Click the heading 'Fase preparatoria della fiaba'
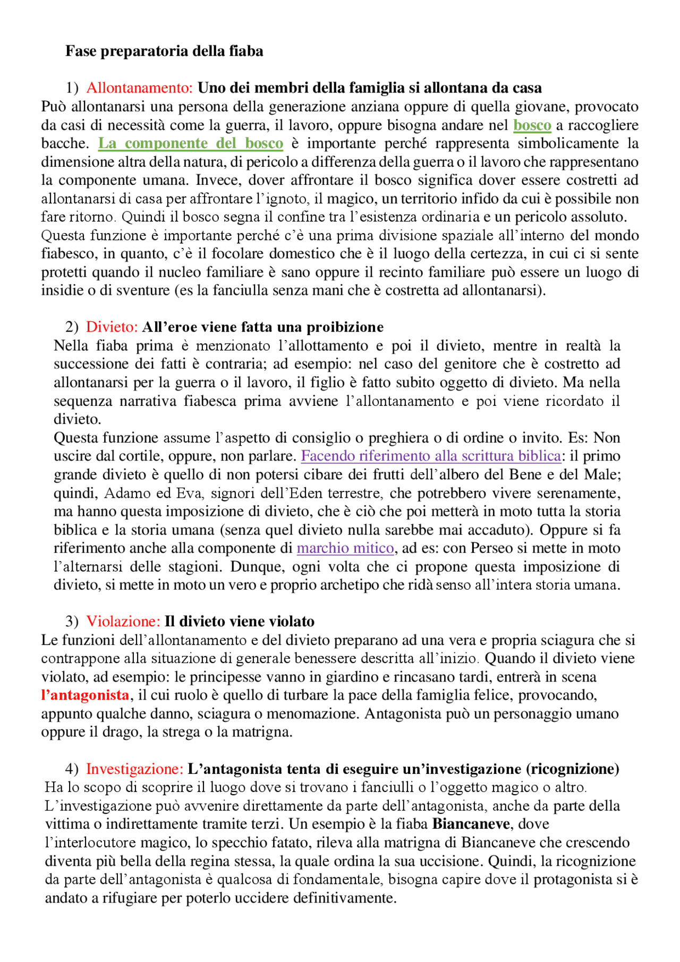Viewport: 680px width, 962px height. [x=164, y=51]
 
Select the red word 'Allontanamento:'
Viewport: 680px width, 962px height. [x=139, y=88]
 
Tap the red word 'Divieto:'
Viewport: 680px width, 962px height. [x=112, y=327]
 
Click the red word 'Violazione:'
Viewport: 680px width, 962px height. [x=123, y=621]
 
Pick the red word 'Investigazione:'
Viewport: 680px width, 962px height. [x=134, y=769]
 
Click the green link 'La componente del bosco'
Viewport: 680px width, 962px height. [x=191, y=143]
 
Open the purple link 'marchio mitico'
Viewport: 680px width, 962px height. [x=345, y=548]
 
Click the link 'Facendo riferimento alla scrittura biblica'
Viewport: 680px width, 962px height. [x=431, y=456]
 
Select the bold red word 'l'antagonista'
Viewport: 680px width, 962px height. [x=85, y=695]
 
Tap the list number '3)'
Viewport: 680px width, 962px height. [x=72, y=621]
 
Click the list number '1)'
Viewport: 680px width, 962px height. [x=72, y=88]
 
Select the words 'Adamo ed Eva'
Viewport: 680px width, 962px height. [x=154, y=493]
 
